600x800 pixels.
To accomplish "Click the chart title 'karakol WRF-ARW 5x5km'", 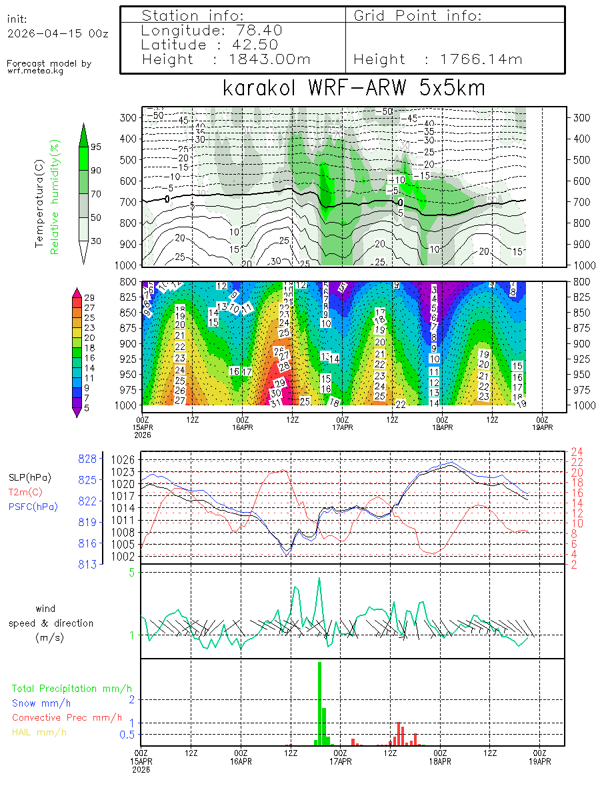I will [x=353, y=89].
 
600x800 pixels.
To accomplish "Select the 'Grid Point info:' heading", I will [x=418, y=15].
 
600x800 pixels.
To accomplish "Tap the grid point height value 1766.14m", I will [x=481, y=59].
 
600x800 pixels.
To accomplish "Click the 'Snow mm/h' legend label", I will [x=41, y=703].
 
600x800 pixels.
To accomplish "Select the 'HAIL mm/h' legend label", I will [x=39, y=732].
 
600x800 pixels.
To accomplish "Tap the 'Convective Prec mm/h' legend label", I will [x=67, y=717].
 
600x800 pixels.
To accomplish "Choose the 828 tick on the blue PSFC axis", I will [x=88, y=458].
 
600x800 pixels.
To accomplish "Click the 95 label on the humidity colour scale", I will [x=96, y=147].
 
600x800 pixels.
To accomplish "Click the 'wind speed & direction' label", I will [x=51, y=623].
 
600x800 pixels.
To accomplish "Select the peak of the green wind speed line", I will [x=319, y=578].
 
